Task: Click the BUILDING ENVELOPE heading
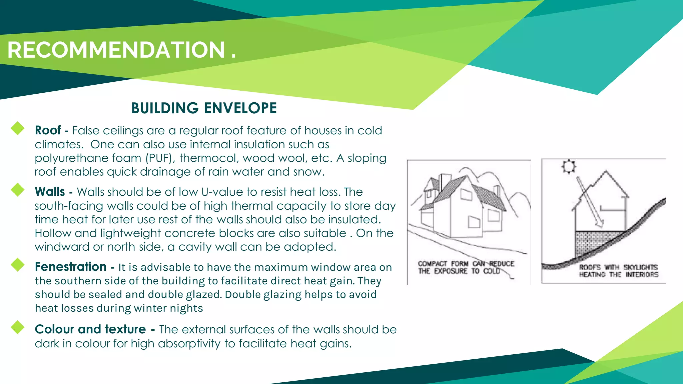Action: coord(204,108)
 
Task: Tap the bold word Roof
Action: coord(48,130)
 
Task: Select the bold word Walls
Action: coord(50,192)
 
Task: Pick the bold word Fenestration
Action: coord(70,267)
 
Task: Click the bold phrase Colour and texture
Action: coord(90,329)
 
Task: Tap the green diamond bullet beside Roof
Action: coord(18,128)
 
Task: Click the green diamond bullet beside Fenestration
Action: coord(18,265)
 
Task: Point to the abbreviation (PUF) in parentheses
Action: coord(160,158)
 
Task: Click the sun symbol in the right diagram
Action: coord(568,166)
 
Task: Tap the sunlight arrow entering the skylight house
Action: coord(590,202)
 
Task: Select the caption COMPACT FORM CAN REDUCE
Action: coord(466,264)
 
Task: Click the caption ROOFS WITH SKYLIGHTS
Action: coord(618,267)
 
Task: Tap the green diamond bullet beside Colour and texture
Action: coord(18,327)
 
